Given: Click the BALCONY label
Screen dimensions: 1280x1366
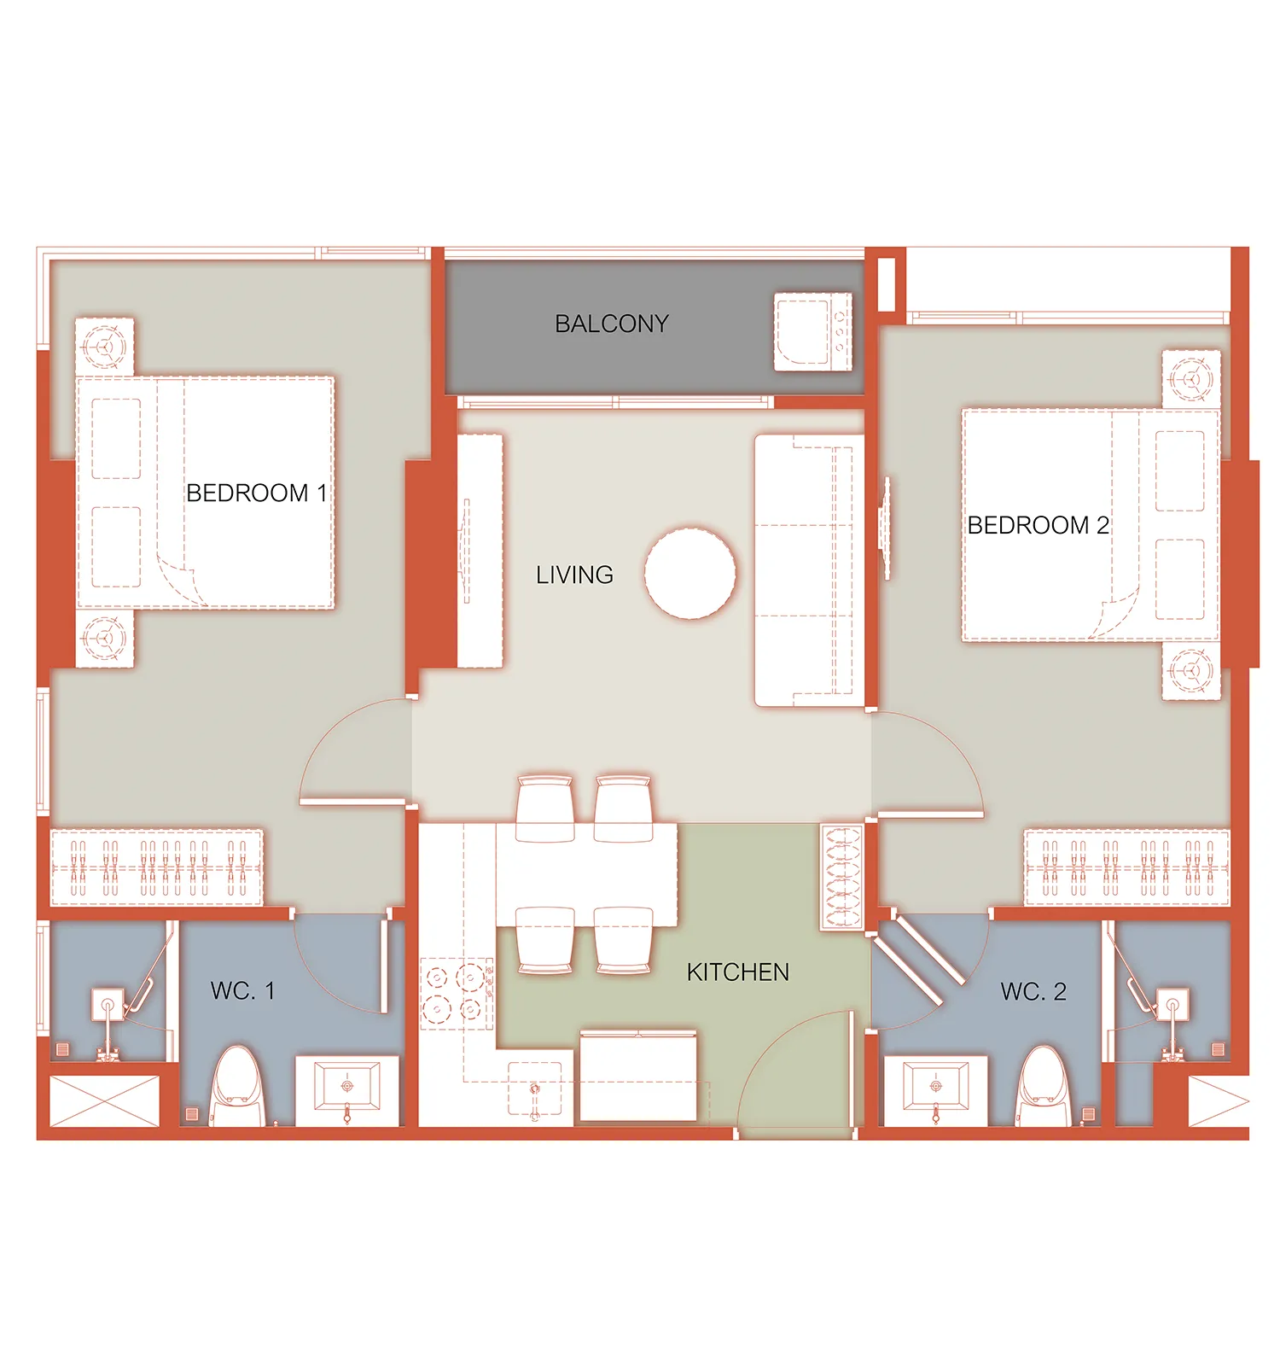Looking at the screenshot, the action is pyautogui.click(x=612, y=324).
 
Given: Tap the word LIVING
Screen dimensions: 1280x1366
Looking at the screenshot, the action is pyautogui.click(x=574, y=575).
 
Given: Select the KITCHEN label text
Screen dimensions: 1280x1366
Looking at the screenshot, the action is pyautogui.click(x=738, y=972).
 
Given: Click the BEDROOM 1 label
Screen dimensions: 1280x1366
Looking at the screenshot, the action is pyautogui.click(x=256, y=493).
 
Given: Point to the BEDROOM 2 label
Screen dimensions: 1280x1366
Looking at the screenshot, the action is pyautogui.click(x=1039, y=525).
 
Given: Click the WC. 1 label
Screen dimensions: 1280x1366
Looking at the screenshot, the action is pyautogui.click(x=242, y=991).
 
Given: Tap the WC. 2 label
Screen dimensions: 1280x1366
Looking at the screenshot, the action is pyautogui.click(x=1033, y=991).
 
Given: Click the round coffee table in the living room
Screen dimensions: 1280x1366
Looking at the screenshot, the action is pyautogui.click(x=689, y=573).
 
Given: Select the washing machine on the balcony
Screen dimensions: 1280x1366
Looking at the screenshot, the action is pyautogui.click(x=812, y=332).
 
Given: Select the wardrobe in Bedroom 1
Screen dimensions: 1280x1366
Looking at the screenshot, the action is pyautogui.click(x=156, y=867).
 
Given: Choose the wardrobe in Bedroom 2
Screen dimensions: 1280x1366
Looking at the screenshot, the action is pyautogui.click(x=1126, y=867).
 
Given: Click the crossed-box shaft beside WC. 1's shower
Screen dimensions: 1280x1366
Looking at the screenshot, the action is pyautogui.click(x=105, y=1100).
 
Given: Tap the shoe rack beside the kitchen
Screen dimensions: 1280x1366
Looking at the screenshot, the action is pyautogui.click(x=841, y=876).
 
